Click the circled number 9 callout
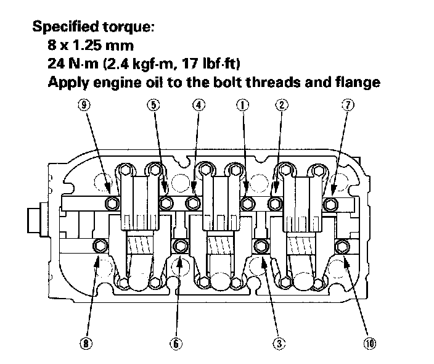84,105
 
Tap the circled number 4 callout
197,105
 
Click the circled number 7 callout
348,105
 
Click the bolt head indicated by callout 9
112,203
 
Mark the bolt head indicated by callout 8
99,247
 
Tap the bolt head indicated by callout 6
180,246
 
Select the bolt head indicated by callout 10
342,247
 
